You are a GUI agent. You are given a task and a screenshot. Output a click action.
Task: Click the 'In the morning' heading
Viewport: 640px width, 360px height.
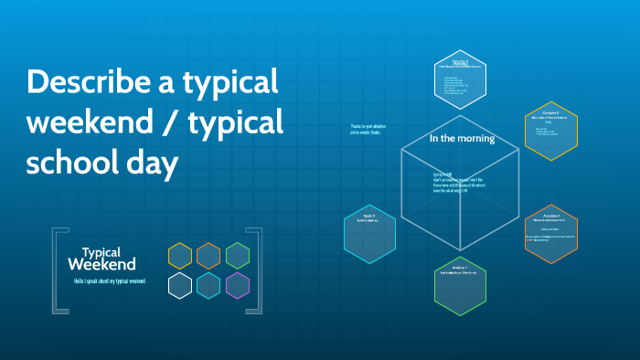point(462,139)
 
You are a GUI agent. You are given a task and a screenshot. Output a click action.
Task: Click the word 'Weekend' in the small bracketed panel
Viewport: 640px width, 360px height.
point(101,265)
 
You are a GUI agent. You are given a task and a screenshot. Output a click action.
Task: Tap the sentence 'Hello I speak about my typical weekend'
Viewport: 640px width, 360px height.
point(110,281)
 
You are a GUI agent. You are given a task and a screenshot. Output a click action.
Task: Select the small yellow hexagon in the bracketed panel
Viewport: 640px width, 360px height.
point(180,256)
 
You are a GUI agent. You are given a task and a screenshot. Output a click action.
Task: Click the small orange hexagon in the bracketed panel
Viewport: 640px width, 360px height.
point(208,256)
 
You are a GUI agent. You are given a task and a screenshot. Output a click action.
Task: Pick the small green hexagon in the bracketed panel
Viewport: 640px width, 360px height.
point(238,256)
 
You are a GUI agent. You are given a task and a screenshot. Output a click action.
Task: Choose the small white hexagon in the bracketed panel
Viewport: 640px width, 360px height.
point(180,286)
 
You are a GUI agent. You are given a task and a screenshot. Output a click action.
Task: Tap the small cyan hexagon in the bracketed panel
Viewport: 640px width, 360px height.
point(208,286)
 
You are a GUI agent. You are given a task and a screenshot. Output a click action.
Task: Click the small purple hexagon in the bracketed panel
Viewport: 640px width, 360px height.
point(238,286)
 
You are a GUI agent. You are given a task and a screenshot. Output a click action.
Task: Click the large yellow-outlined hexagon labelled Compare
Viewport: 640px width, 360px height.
point(551,132)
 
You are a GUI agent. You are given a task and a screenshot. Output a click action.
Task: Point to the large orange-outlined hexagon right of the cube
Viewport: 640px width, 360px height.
point(551,234)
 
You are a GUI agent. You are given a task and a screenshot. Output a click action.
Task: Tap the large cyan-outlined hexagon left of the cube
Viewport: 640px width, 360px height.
point(369,233)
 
